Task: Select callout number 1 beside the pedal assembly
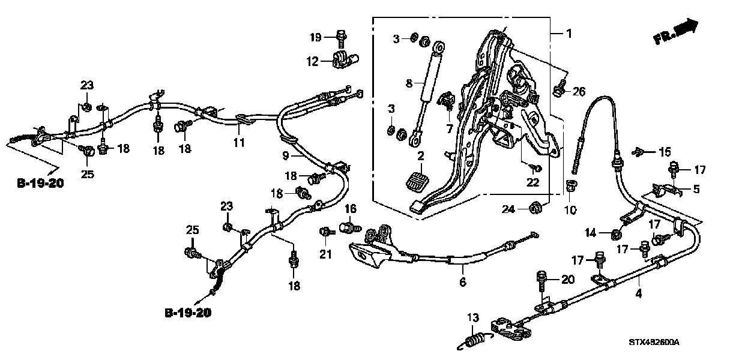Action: pyautogui.click(x=569, y=34)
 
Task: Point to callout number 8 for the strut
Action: pyautogui.click(x=409, y=84)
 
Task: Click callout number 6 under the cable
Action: pyautogui.click(x=462, y=282)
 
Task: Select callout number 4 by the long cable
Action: pyautogui.click(x=639, y=293)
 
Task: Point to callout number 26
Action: pyautogui.click(x=578, y=92)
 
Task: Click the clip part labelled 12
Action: pyautogui.click(x=344, y=59)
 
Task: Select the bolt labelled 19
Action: pyautogui.click(x=341, y=37)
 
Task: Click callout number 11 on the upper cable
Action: pyautogui.click(x=239, y=143)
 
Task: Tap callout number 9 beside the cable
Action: pyautogui.click(x=286, y=155)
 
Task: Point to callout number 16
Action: pyautogui.click(x=350, y=208)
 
